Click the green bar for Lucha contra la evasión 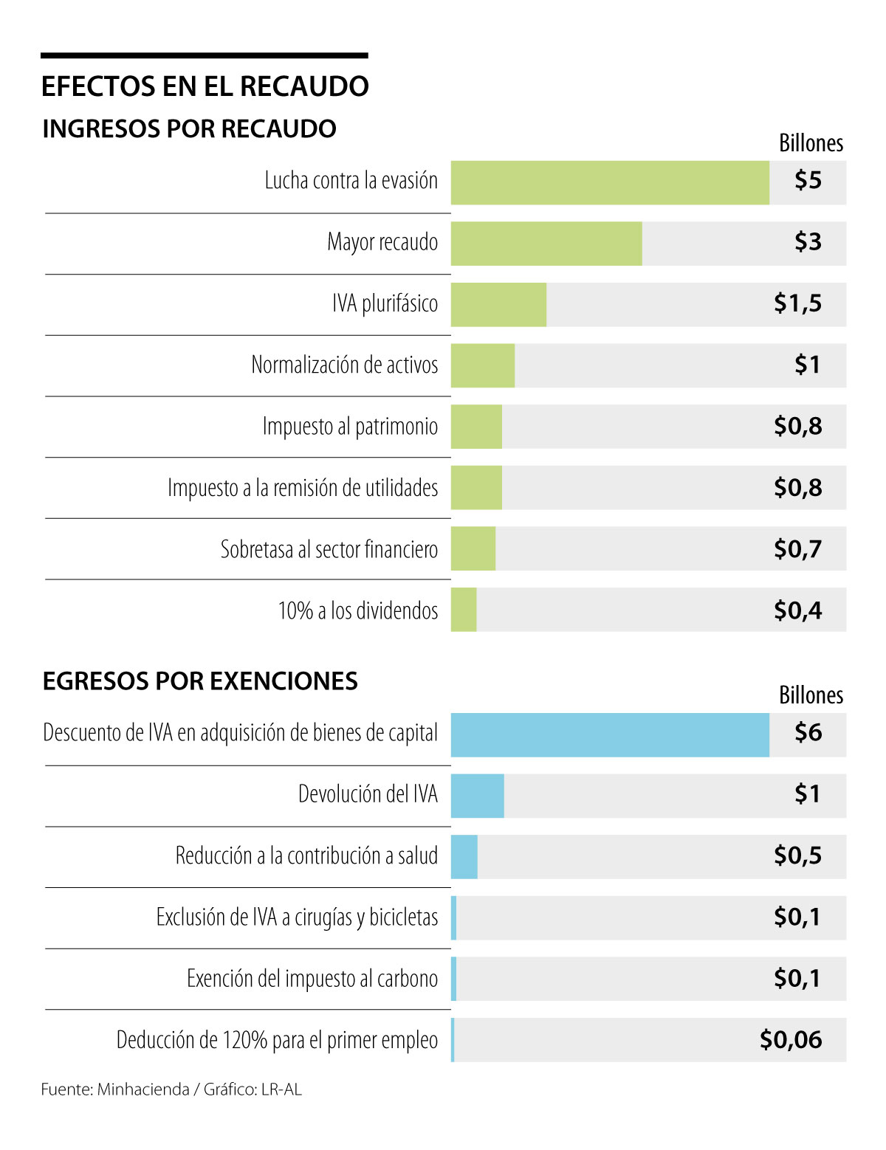(610, 183)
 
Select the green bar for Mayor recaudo (546, 244)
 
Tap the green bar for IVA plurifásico (498, 305)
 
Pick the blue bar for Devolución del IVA (477, 796)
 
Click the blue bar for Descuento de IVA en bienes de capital (610, 735)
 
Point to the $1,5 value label (797, 303)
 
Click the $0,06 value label (791, 1040)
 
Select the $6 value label (808, 733)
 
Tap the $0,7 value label (797, 549)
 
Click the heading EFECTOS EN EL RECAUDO (205, 86)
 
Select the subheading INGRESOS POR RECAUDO (189, 129)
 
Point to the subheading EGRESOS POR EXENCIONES (200, 681)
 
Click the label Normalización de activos (344, 365)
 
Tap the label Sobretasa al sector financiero (329, 550)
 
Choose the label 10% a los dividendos (357, 611)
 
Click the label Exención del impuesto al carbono (312, 979)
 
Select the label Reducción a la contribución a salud (306, 856)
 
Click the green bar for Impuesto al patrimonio (476, 427)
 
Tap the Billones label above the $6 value (811, 695)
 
